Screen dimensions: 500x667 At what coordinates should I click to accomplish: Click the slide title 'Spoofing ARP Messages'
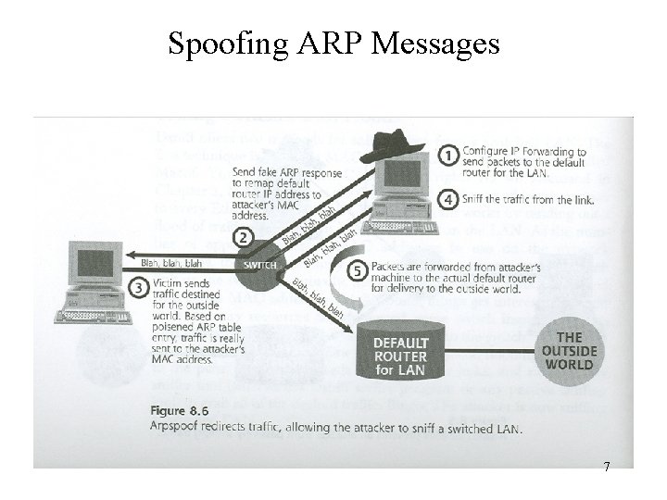[333, 43]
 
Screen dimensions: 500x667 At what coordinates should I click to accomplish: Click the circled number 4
[448, 199]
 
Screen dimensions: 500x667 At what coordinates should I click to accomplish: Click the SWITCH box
[262, 264]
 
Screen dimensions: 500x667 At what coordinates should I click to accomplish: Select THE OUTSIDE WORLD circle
[568, 349]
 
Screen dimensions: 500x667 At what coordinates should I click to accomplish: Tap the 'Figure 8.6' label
[179, 410]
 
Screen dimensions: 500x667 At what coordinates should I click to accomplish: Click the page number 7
[607, 466]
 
